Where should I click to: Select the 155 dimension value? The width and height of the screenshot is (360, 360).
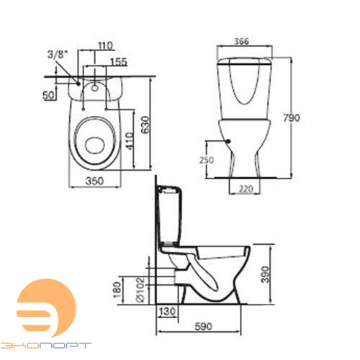point(119,63)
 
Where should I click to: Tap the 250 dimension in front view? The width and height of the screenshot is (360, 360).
point(207,159)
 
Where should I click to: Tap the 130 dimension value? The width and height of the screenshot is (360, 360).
point(169,311)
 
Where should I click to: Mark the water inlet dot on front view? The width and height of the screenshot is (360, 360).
point(229,142)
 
